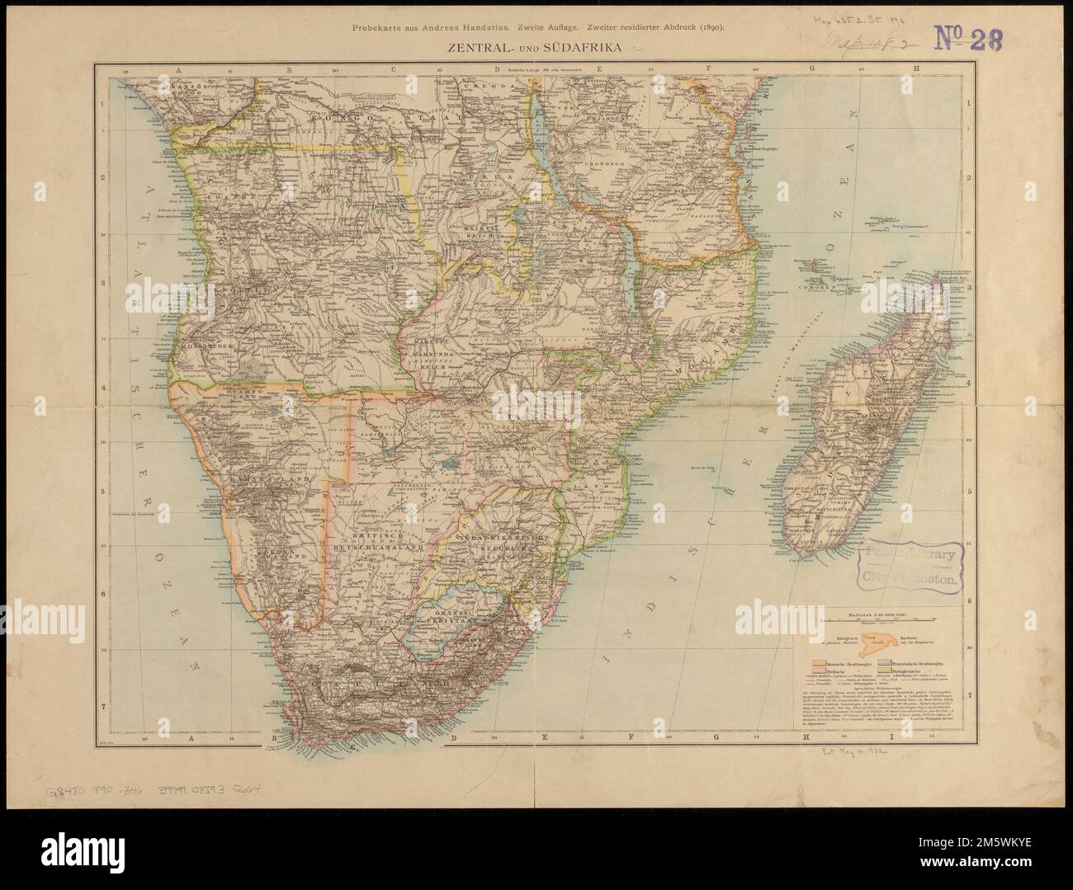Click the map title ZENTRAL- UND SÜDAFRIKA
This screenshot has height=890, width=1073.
pyautogui.click(x=537, y=48)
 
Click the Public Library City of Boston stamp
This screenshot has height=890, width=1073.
pyautogui.click(x=910, y=567)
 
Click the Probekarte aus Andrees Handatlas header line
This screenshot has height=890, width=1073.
pyautogui.click(x=537, y=27)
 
